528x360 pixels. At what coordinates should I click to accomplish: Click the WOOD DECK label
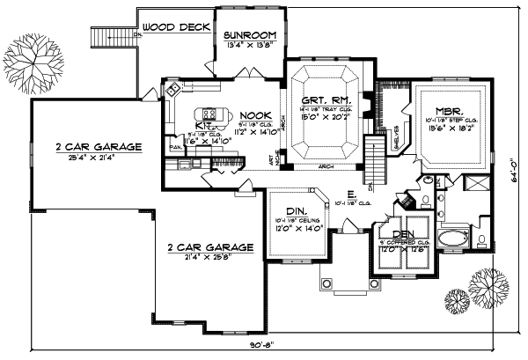pyautogui.click(x=176, y=27)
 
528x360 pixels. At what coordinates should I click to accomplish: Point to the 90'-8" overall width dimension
pyautogui.click(x=261, y=350)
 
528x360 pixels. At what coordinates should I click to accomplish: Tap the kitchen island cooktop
pyautogui.click(x=209, y=114)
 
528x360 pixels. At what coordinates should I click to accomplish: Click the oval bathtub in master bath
pyautogui.click(x=455, y=239)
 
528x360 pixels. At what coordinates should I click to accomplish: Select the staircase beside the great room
pyautogui.click(x=376, y=157)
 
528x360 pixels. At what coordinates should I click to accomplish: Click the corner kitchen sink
pyautogui.click(x=172, y=88)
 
